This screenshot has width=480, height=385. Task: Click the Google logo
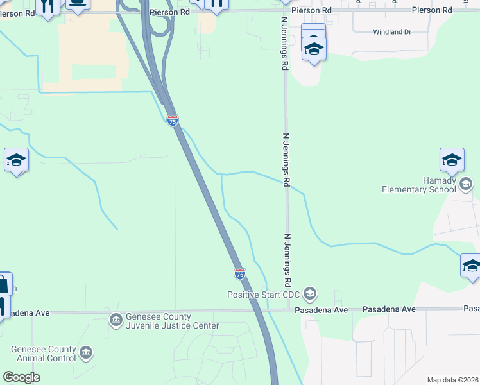tap(21, 377)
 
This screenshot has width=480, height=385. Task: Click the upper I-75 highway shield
tap(172, 120)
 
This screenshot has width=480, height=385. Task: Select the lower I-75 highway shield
tap(239, 274)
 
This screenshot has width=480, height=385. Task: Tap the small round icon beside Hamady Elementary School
tap(466, 185)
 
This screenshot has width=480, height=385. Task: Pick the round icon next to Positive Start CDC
tap(310, 295)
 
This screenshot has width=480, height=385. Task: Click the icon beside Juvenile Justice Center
tap(116, 320)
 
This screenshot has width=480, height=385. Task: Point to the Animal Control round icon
tap(85, 353)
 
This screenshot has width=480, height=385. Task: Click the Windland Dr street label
tap(391, 32)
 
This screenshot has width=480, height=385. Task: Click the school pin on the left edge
tap(16, 160)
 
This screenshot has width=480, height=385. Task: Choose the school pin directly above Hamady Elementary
tap(452, 160)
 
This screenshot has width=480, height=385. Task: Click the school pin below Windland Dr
tap(314, 49)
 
